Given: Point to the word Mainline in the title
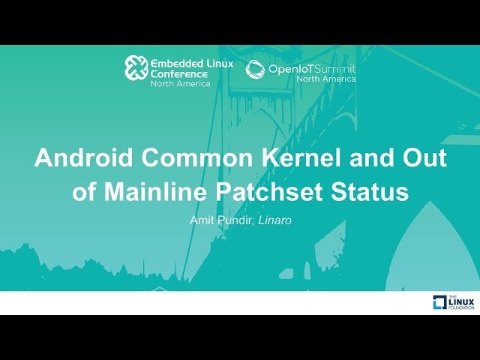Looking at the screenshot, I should [x=154, y=191].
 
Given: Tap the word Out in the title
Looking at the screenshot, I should [x=424, y=159].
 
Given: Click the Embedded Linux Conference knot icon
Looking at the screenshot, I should [x=135, y=68].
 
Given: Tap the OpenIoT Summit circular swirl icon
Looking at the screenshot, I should [x=255, y=69].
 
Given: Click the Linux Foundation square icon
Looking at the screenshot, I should [x=440, y=302].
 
